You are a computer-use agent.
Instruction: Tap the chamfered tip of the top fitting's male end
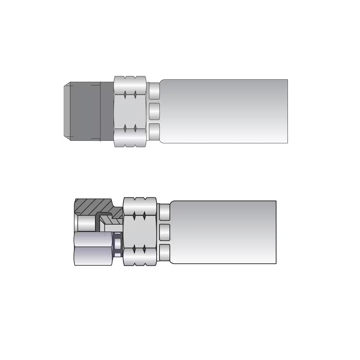pos(67,111)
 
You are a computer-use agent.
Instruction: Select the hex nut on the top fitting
pos(130,111)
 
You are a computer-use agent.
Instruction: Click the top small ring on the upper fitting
pos(154,91)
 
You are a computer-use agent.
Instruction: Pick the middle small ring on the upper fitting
pos(154,111)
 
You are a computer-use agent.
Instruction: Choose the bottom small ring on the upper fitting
pos(154,131)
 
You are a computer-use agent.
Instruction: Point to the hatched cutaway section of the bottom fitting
pos(92,207)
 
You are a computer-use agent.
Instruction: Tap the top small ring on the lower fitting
pos(165,212)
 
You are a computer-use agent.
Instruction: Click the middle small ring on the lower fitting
pos(165,232)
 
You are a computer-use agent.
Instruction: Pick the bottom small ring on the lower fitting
pos(165,252)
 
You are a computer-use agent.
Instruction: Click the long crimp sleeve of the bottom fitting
pos(223,232)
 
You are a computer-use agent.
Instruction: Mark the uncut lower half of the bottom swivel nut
pos(93,248)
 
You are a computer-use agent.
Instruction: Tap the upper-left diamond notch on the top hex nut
pos(125,95)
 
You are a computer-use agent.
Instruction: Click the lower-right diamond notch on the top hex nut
pos(135,128)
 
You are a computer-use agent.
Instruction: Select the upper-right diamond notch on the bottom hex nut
pos(144,216)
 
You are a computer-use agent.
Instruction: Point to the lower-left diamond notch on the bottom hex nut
pos(134,249)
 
